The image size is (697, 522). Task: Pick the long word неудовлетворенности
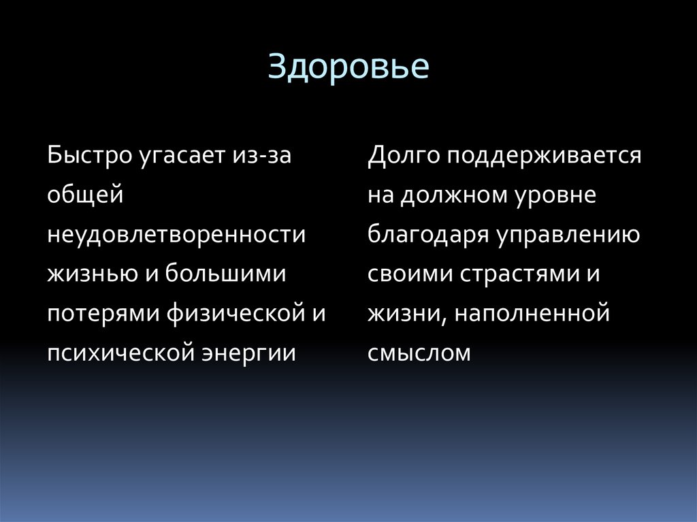(x=177, y=235)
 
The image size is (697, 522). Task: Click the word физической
(x=231, y=315)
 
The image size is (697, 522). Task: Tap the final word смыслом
(x=419, y=354)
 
